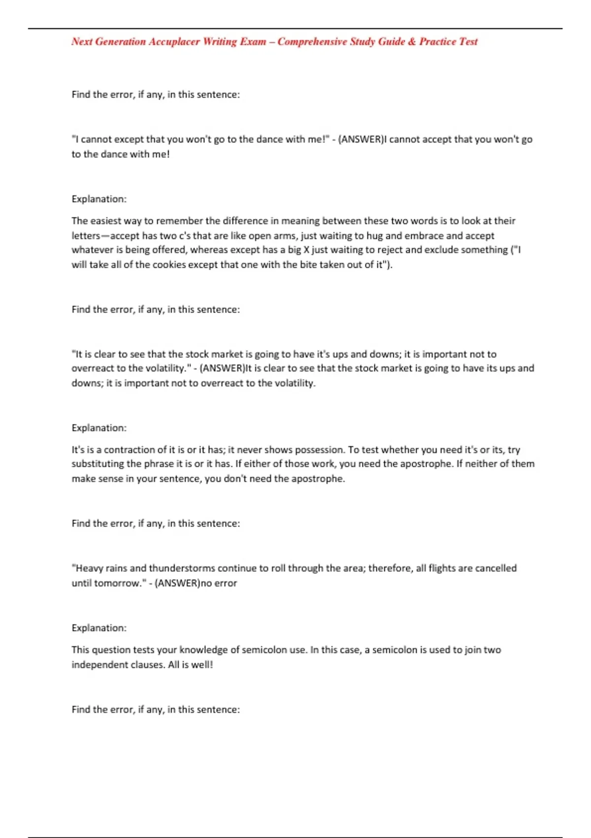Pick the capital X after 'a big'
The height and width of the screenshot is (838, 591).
(x=306, y=250)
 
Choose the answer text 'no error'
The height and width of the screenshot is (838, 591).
(x=219, y=583)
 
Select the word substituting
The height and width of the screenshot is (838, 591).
(x=98, y=464)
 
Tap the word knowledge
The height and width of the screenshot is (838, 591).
(x=203, y=650)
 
